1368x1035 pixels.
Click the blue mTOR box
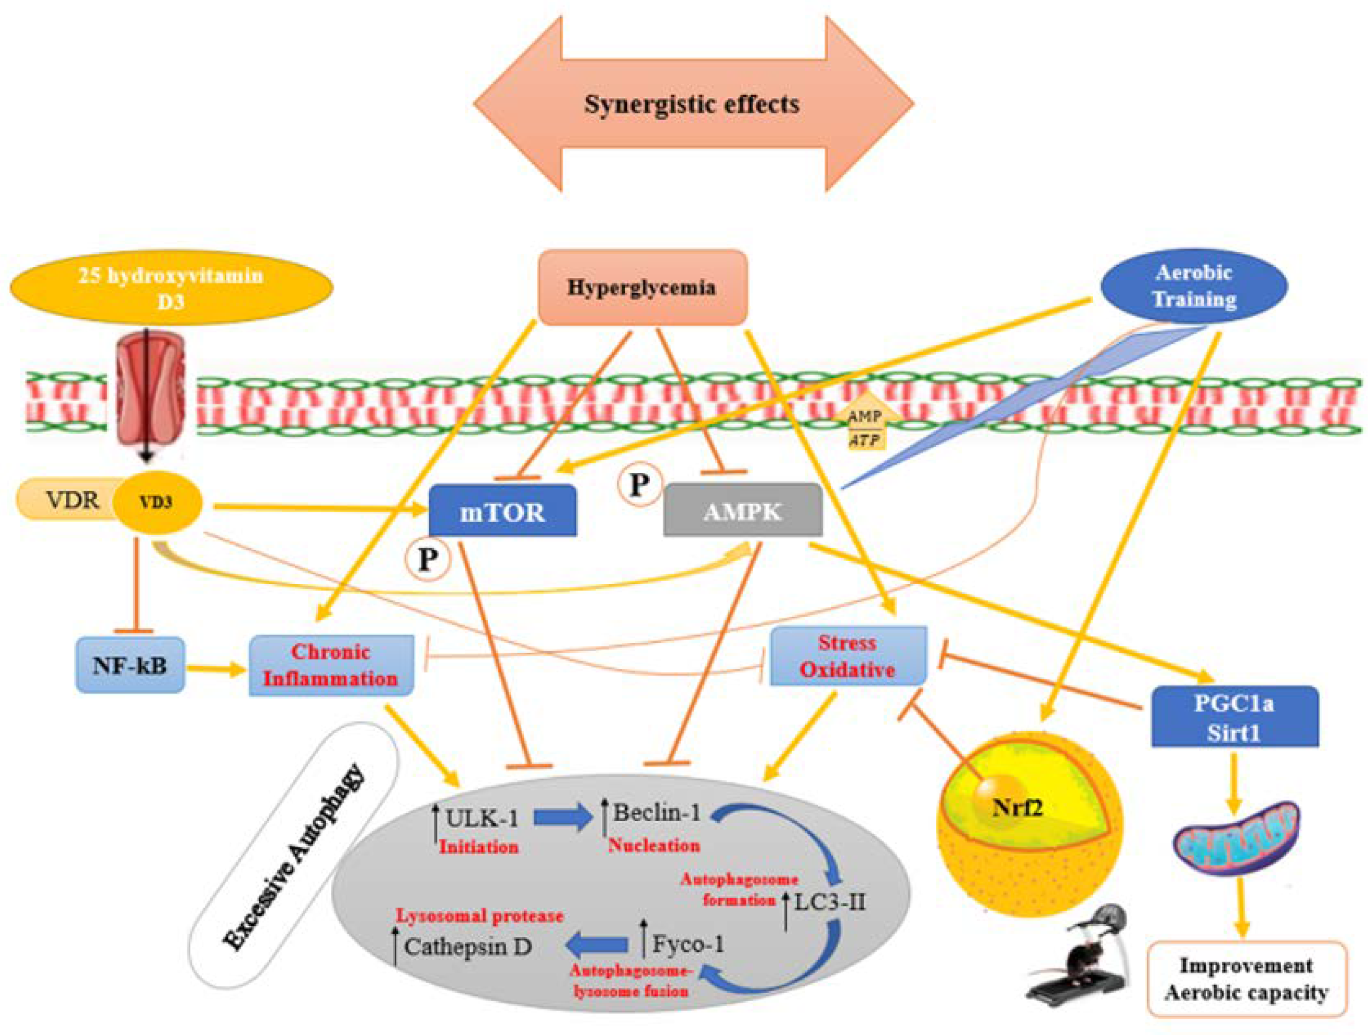click(502, 510)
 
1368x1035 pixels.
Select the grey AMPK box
click(742, 510)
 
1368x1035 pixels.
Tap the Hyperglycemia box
click(642, 288)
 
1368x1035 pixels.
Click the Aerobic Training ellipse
click(1194, 286)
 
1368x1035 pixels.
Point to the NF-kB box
click(130, 665)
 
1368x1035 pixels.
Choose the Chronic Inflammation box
click(331, 665)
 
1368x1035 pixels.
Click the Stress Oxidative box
click(848, 655)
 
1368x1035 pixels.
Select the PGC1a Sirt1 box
click(1234, 717)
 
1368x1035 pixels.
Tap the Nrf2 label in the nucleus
click(1017, 808)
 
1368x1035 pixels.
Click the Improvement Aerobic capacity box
click(1247, 979)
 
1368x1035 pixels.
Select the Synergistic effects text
click(691, 104)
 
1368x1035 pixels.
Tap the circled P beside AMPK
click(639, 485)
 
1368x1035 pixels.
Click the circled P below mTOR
click(427, 560)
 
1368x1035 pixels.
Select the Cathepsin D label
click(468, 947)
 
